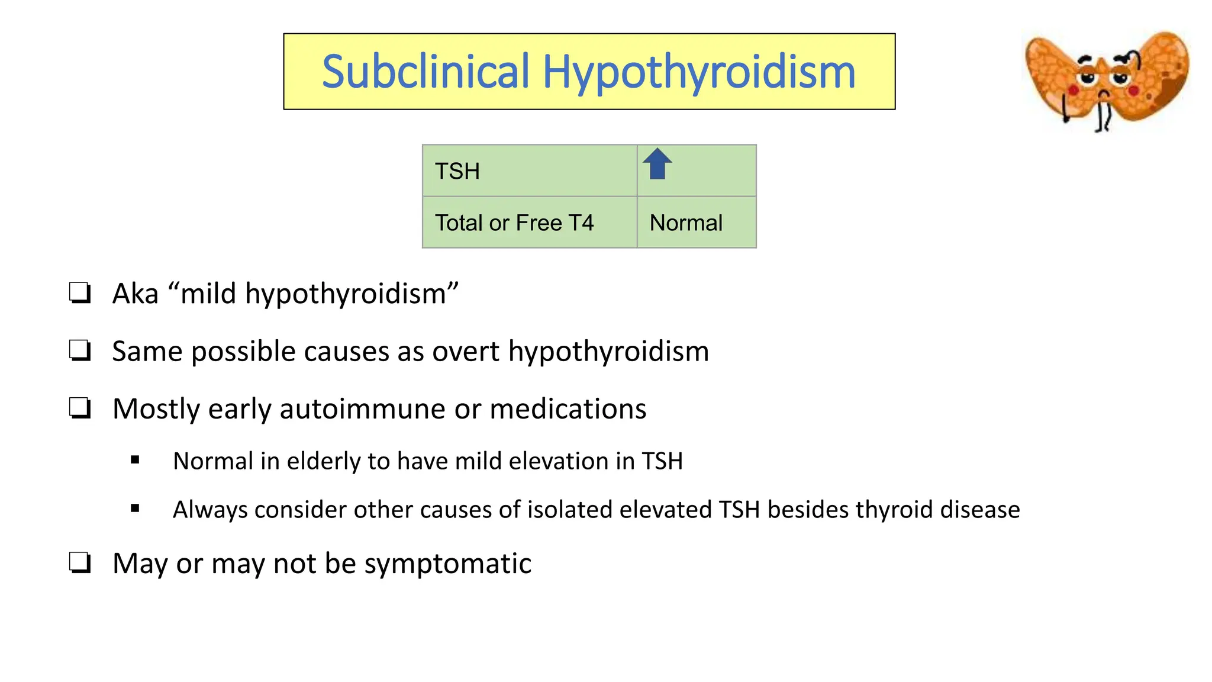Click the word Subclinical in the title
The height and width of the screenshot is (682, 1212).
pos(426,72)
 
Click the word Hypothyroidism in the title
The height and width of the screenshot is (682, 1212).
pos(699,73)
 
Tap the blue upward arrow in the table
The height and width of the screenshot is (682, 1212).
pos(657,164)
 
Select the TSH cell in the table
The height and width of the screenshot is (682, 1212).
pos(529,171)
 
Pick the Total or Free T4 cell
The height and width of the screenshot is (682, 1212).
pos(529,223)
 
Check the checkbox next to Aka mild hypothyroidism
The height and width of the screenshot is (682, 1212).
pos(80,293)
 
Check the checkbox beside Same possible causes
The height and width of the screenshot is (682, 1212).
pos(80,350)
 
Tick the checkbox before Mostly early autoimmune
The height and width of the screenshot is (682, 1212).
pos(80,408)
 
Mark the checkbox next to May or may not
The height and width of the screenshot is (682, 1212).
pos(80,562)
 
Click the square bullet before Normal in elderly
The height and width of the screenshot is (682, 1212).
pos(136,460)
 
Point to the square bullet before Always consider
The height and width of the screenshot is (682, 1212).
pos(136,509)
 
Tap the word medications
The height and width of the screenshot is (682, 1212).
pos(568,409)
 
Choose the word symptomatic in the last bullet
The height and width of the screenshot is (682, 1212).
pos(447,564)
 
